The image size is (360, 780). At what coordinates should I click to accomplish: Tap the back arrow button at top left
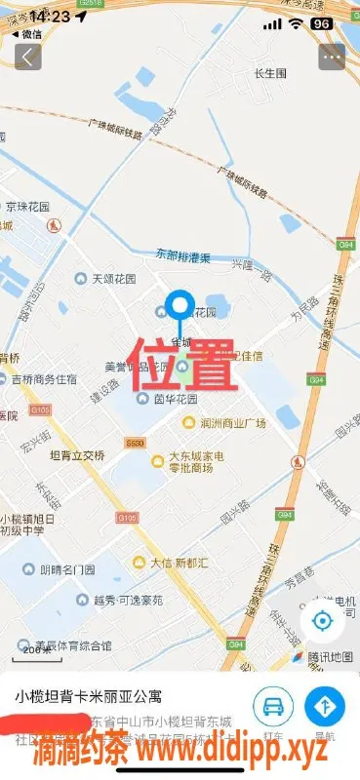27,57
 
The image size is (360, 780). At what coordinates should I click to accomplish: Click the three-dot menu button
332,57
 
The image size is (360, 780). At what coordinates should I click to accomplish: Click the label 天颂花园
111,280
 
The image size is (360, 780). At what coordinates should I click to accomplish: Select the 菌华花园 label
176,399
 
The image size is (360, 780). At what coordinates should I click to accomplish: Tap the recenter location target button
322,621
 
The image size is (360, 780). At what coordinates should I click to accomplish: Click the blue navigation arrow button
325,705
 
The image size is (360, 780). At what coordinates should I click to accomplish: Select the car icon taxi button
273,705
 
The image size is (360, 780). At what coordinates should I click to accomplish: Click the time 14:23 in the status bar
49,17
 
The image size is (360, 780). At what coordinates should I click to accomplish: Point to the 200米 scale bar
38,647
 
